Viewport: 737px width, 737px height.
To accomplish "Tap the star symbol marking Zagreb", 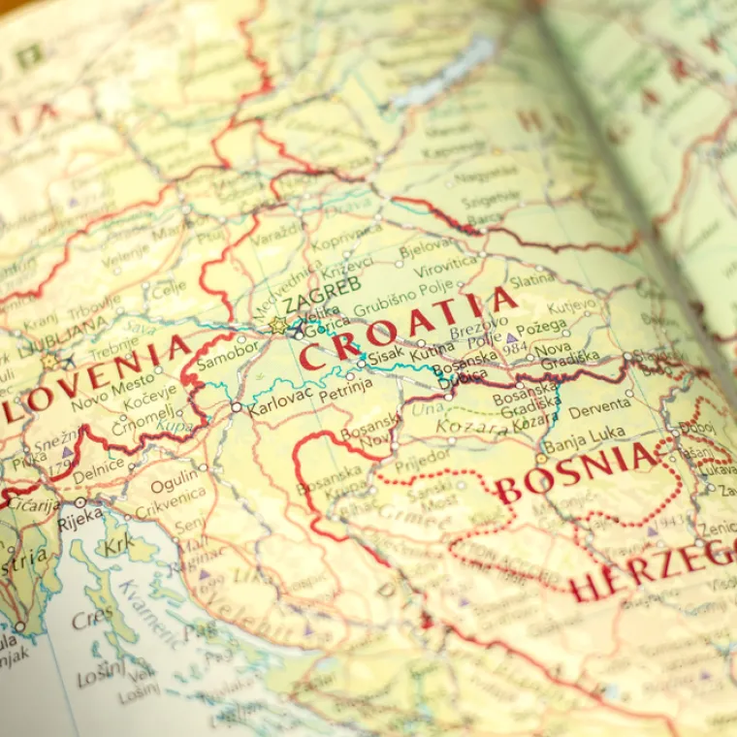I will [x=278, y=325].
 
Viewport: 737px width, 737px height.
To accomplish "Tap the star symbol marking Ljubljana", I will [x=49, y=361].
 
